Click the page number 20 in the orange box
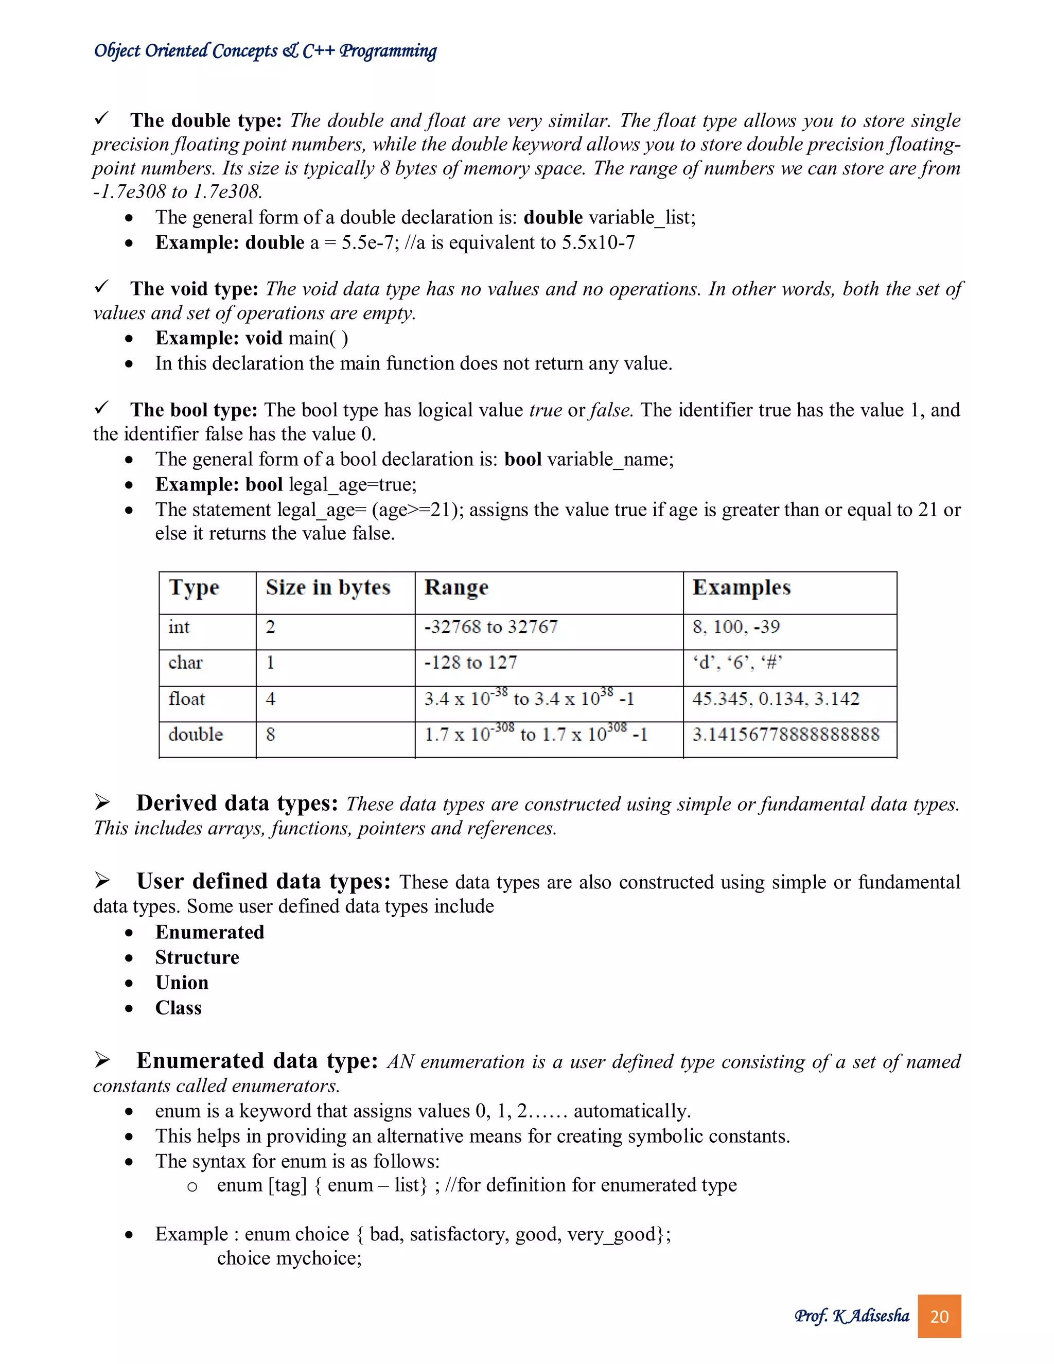pos(939,1317)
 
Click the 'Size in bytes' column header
pos(328,588)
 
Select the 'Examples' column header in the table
pos(741,588)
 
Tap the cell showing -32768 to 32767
pos(491,627)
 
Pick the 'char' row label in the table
pos(185,662)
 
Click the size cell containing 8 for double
pos(270,735)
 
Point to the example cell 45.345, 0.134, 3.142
pos(776,699)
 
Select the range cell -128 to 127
pos(471,662)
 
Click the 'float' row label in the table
pos(186,699)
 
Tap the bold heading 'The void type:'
pos(194,289)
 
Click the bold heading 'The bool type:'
pos(194,410)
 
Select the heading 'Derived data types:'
pos(237,803)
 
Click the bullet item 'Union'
pos(182,983)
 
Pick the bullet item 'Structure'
pos(197,957)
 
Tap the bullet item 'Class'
pos(178,1008)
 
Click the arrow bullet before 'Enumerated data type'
pos(102,1060)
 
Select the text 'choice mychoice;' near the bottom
pos(289,1258)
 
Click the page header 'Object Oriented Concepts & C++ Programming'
pos(266,50)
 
